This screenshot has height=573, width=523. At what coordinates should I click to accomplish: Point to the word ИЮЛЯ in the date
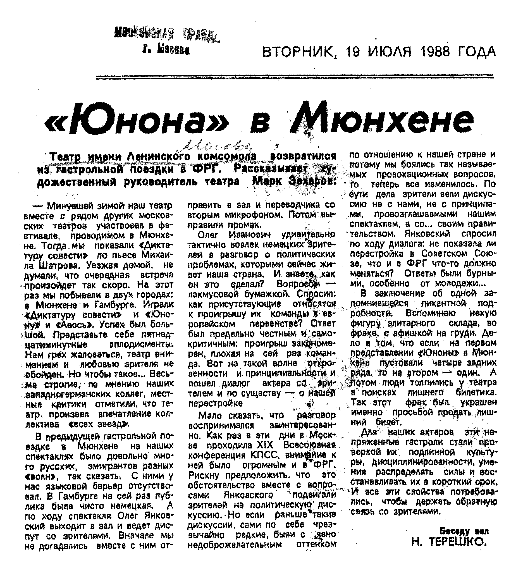[390, 52]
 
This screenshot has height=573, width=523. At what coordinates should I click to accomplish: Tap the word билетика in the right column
[476, 393]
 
